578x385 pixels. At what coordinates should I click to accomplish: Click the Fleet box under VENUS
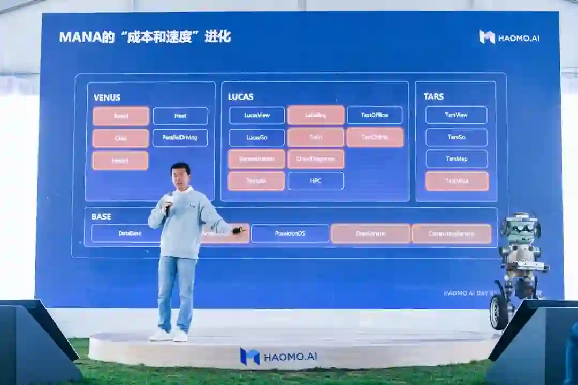click(180, 116)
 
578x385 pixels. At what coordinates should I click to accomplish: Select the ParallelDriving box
click(180, 138)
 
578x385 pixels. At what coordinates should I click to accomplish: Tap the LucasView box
click(257, 115)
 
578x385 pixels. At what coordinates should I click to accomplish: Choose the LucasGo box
click(257, 138)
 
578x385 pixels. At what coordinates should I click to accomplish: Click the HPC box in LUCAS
click(316, 181)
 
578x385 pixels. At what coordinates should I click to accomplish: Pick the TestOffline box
click(375, 115)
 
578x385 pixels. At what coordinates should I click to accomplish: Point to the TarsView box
click(457, 115)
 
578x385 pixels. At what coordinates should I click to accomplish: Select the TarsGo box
click(457, 138)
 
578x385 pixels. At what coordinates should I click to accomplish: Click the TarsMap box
click(457, 159)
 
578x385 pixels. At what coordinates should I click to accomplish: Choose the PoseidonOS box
click(290, 233)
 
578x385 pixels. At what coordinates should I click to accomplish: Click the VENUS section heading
click(107, 97)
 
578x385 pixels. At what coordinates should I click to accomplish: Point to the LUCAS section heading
click(241, 97)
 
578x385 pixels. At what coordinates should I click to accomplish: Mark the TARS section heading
click(433, 97)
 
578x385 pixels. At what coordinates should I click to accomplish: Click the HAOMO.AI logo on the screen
click(509, 37)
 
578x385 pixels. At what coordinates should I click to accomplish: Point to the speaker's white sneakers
click(169, 335)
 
